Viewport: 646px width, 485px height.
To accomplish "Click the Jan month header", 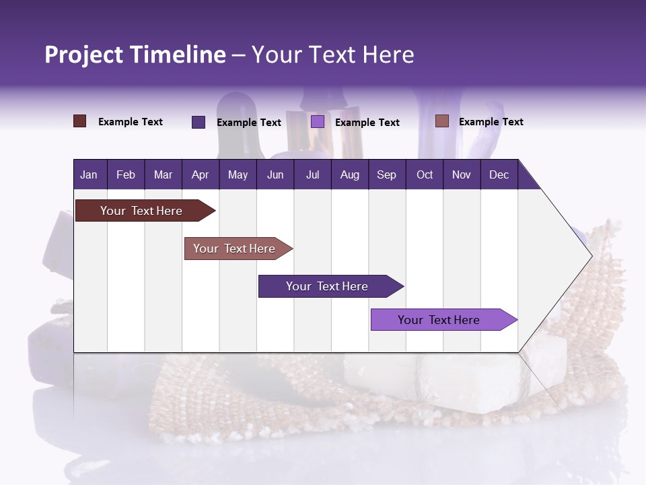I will click(89, 174).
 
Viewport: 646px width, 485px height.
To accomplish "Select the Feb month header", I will click(126, 174).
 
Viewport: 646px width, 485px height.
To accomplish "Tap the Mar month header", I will click(163, 174).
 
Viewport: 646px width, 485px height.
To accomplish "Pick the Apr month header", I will click(201, 174).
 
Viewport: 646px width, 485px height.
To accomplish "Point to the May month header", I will click(238, 174).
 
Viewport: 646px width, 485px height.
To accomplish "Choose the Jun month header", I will click(275, 174).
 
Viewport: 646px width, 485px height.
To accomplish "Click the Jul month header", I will click(312, 174).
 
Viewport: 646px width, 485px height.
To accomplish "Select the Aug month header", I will click(350, 174).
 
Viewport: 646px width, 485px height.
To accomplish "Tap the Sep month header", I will click(387, 174).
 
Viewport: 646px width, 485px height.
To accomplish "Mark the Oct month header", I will click(425, 174).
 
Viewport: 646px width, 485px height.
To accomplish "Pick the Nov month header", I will click(462, 174).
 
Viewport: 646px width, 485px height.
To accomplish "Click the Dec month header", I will click(499, 174).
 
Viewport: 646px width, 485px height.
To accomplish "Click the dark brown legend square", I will click(80, 121).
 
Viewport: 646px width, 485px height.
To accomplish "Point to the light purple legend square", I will click(318, 122).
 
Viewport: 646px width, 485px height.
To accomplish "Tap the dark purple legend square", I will click(199, 122).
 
